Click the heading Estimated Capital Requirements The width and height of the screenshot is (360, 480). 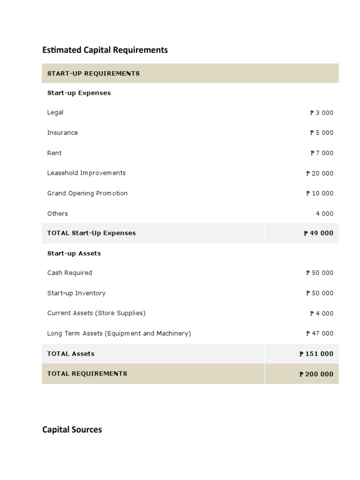coord(105,50)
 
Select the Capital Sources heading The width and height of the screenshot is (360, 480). coord(72,429)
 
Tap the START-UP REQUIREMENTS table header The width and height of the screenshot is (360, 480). coord(93,74)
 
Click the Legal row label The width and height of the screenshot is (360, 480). coord(55,112)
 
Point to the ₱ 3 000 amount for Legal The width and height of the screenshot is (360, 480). coord(322,113)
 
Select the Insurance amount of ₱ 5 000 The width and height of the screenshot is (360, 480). coord(322,133)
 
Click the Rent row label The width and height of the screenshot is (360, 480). coord(54,153)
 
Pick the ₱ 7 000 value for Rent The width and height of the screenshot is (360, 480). coord(322,153)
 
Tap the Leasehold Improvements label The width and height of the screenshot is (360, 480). coord(86,173)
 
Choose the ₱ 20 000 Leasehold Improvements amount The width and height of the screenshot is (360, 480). coord(320,173)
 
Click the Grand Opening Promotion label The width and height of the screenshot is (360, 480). coord(87,194)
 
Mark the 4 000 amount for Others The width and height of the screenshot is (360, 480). coord(324,214)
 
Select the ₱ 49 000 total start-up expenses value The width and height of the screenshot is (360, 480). coord(318,233)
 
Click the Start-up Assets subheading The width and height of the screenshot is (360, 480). coord(74,254)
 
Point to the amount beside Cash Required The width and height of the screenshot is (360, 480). coord(320,273)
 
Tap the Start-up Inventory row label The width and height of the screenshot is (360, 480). coord(76,293)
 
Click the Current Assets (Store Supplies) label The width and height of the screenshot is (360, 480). coord(96,313)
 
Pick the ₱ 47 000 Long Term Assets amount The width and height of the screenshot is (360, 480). coord(320,334)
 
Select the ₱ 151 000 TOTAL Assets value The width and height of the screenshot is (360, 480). coord(316,354)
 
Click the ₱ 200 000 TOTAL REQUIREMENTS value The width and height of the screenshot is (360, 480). coord(316,374)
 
